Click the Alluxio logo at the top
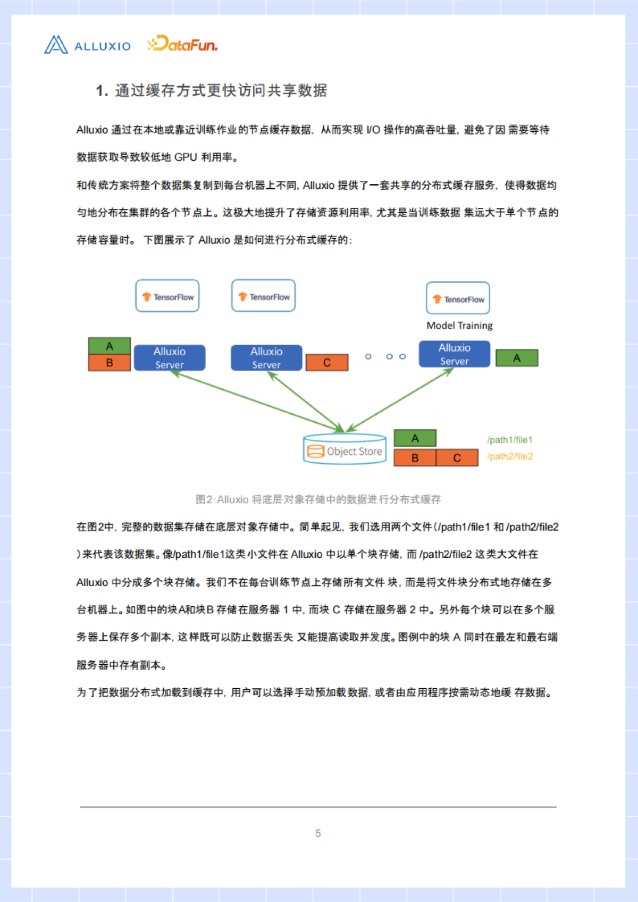87,45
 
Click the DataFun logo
182,44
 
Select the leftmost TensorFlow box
167,296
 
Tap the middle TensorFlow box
264,296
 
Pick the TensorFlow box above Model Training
458,298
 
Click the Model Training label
459,325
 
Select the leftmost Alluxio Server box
170,358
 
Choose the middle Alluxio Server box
266,358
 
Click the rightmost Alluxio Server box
455,354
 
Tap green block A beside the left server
110,346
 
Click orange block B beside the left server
110,363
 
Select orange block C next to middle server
327,363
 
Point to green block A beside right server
517,358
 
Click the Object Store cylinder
345,450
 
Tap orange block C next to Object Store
457,458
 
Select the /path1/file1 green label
509,440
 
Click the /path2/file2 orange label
509,456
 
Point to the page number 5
318,833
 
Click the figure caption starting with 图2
318,499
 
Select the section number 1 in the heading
100,91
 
